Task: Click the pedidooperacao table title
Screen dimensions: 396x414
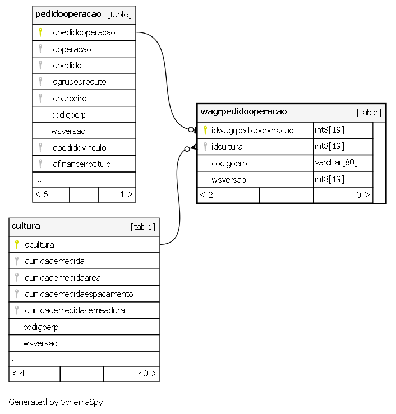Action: click(68, 14)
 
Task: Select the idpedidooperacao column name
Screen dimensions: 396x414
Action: click(83, 32)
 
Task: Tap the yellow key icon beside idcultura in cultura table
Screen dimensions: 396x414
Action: click(17, 244)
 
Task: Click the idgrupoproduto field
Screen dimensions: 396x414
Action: click(79, 82)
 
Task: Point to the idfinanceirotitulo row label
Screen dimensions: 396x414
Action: click(81, 164)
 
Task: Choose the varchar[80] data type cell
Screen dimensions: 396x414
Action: click(336, 162)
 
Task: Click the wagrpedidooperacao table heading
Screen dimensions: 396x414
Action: click(243, 111)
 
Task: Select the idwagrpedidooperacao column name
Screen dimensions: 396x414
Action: click(252, 131)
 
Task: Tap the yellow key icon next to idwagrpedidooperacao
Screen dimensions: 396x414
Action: click(205, 130)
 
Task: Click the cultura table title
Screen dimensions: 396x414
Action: click(26, 226)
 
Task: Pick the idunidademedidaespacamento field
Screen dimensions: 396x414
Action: click(78, 294)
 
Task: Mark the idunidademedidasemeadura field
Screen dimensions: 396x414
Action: click(73, 310)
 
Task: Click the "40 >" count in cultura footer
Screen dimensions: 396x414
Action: click(148, 373)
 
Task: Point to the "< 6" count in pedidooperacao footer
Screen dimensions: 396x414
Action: click(42, 194)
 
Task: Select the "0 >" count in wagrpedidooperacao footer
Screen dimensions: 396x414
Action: click(363, 195)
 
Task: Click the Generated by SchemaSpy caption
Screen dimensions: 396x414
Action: click(56, 402)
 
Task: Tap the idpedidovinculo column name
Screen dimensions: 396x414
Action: click(79, 147)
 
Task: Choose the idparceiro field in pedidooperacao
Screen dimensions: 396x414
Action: click(69, 99)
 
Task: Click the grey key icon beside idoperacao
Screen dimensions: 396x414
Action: click(40, 49)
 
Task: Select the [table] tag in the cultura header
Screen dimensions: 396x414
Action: click(142, 227)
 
